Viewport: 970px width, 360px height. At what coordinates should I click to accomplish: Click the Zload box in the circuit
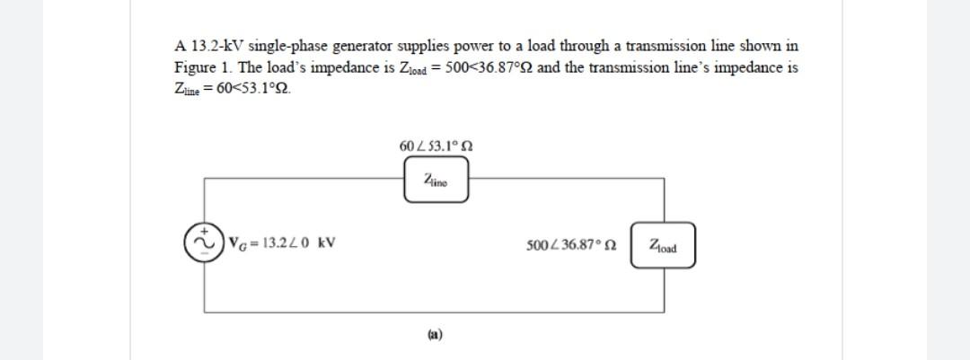coord(663,244)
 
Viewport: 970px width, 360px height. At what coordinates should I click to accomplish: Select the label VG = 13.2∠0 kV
coord(283,242)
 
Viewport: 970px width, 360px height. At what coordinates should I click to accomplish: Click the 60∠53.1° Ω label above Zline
coord(436,145)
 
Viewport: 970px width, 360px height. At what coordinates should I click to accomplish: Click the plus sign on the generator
coord(204,229)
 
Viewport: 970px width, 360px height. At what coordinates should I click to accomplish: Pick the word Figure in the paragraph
coord(193,68)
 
